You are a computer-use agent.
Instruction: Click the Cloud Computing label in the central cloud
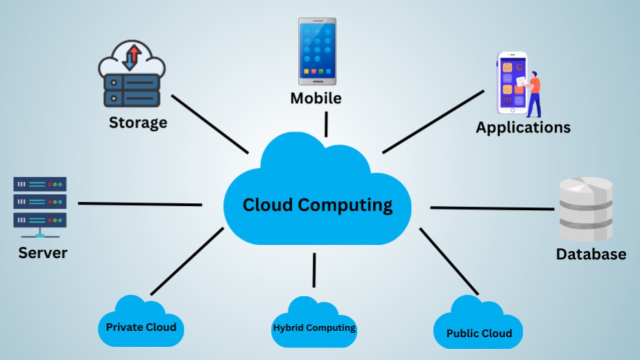click(317, 205)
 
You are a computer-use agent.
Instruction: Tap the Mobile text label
click(316, 98)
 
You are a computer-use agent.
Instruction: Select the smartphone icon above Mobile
click(317, 51)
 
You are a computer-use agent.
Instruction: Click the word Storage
click(138, 122)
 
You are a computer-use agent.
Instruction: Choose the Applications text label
click(523, 127)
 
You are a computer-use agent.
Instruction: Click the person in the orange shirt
click(533, 92)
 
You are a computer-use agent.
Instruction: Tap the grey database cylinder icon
click(585, 209)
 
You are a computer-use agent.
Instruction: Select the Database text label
click(591, 254)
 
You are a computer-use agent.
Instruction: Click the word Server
click(43, 252)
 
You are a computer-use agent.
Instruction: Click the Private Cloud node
click(141, 327)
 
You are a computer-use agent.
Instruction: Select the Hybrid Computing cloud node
click(314, 328)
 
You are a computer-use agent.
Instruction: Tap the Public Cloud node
click(478, 332)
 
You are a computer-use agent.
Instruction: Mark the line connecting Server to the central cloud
click(140, 204)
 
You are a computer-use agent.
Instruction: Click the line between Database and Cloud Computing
click(492, 208)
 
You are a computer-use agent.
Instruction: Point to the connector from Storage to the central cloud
click(209, 124)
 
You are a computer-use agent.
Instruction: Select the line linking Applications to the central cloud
click(433, 121)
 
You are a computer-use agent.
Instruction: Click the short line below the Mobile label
click(326, 124)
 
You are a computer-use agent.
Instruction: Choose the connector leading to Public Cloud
click(448, 261)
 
